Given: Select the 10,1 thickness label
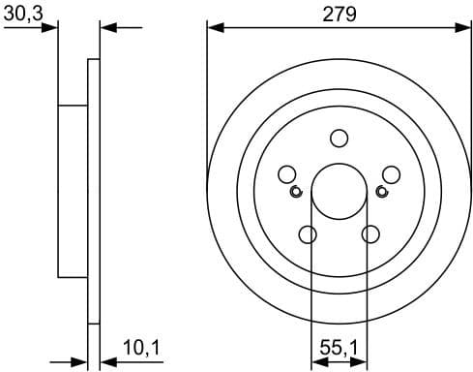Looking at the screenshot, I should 140,345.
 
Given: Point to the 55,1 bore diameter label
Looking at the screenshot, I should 339,345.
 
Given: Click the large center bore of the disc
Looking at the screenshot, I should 339,191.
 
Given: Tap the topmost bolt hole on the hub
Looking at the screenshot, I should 339,139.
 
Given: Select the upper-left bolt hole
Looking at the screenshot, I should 286,174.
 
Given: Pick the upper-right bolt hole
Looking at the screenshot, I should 391,174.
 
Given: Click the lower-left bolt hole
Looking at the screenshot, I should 308,234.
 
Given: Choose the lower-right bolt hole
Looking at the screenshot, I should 370,234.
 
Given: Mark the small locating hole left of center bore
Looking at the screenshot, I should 297,191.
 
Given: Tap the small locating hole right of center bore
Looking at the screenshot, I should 380,191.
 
